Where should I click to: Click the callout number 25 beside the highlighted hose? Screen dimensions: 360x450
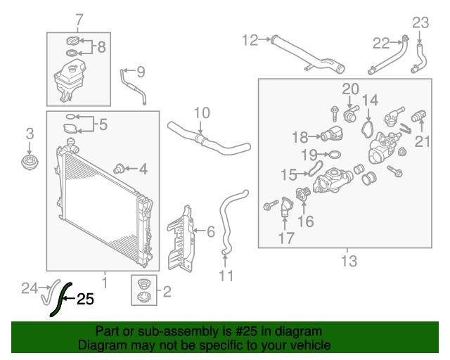(x=85, y=300)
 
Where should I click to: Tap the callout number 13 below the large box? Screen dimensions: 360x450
(x=349, y=262)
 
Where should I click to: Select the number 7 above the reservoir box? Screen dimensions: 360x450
(x=78, y=19)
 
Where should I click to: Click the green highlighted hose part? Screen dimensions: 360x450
(x=58, y=300)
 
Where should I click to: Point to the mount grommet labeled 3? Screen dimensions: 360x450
(x=29, y=164)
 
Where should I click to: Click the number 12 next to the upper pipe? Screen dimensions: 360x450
(x=250, y=40)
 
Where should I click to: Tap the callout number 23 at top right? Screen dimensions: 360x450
(x=420, y=22)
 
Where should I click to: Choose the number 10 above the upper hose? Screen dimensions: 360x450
(x=202, y=112)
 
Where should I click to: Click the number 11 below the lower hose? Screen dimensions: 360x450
(x=225, y=276)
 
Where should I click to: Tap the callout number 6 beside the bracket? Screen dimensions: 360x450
(x=210, y=230)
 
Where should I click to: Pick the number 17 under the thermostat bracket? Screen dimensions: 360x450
(x=285, y=238)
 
